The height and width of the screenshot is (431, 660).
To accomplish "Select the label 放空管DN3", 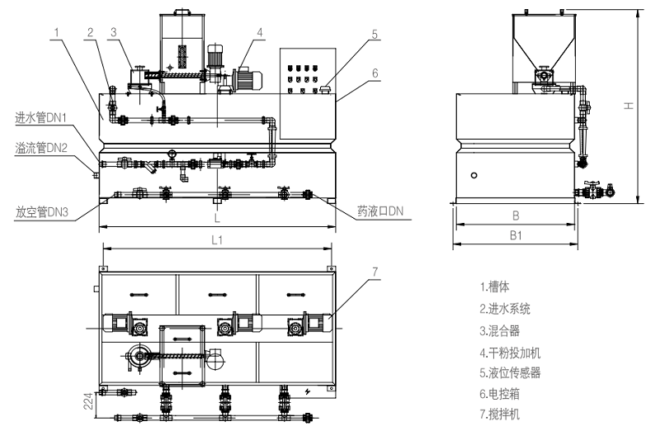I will coord(40,212).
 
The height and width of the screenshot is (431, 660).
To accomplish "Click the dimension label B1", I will coord(515,236).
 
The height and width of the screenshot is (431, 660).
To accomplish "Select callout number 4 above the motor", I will coord(260,33).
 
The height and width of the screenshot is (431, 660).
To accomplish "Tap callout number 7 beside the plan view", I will coord(375,271).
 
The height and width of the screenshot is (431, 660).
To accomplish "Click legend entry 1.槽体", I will coord(494,287).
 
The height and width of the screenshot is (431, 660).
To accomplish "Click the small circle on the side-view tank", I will coord(475,175).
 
